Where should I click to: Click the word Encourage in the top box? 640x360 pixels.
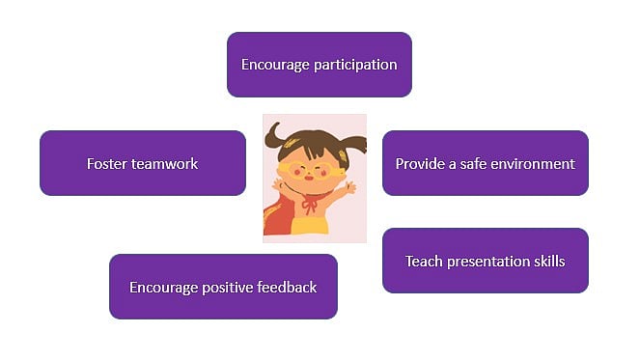[x=274, y=66]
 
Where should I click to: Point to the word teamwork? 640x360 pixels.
[x=163, y=164]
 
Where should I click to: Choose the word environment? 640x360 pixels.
[x=536, y=164]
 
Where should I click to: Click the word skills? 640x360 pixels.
[x=545, y=262]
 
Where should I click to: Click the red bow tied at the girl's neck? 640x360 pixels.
[x=310, y=204]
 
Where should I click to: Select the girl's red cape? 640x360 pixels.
[x=277, y=217]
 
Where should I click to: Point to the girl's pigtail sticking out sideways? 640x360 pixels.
[x=354, y=147]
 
